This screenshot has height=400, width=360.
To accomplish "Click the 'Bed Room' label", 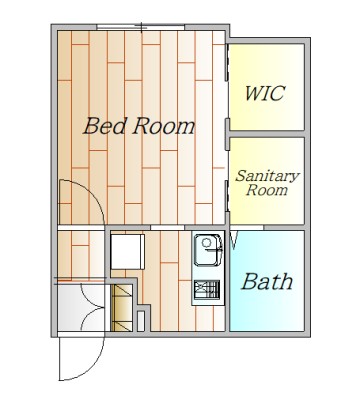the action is [x=139, y=126].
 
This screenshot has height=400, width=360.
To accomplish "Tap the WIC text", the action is [x=265, y=93].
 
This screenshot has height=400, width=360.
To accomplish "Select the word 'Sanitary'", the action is [x=267, y=176].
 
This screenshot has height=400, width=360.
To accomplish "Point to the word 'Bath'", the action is [x=267, y=282].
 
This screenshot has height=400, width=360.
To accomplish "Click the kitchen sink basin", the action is [x=208, y=250].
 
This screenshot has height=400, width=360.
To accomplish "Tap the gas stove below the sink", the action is [x=207, y=290].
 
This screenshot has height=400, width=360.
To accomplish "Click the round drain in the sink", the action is [x=207, y=242].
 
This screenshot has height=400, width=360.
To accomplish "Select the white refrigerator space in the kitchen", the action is [x=128, y=252].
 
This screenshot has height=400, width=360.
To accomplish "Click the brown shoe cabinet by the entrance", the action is [x=122, y=307].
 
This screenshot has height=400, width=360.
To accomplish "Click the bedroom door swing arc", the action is [x=95, y=195].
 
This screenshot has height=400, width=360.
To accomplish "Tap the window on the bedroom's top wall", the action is [x=141, y=27].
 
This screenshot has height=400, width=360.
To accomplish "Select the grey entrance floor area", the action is [x=81, y=307].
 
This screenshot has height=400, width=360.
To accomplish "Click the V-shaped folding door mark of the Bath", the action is [x=234, y=240].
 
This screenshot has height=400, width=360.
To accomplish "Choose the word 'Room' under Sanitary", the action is [x=267, y=190].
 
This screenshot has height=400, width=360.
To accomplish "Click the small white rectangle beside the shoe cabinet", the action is [x=141, y=321].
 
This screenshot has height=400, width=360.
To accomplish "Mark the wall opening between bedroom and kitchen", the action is [x=168, y=228].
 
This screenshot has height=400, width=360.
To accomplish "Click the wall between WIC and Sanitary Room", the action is [x=267, y=134].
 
